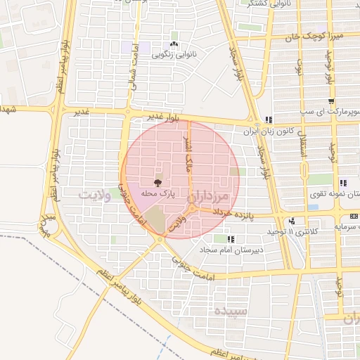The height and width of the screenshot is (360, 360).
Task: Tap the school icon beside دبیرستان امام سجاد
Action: pos(231,240)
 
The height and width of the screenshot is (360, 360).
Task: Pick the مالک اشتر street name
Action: pos(187,166)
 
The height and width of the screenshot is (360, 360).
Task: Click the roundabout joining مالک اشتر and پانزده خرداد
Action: pos(191,209)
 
